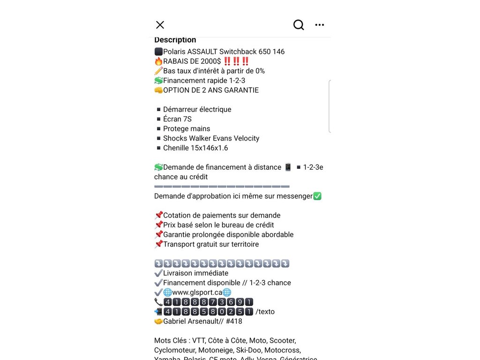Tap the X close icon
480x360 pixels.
[x=160, y=25]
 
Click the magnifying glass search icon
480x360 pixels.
[x=299, y=25]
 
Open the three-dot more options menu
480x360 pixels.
[x=320, y=25]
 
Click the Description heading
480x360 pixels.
[x=175, y=40]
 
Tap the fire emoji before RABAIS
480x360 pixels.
[x=158, y=61]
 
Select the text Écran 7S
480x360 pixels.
[x=177, y=119]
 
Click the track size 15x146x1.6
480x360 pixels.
[x=195, y=148]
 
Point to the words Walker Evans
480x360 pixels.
[x=210, y=138]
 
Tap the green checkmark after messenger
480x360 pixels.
[x=317, y=196]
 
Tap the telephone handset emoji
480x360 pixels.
[x=158, y=302]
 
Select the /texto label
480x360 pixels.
[x=265, y=312]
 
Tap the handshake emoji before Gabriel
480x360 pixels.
[x=158, y=322]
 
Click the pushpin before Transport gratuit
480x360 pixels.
[x=158, y=244]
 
